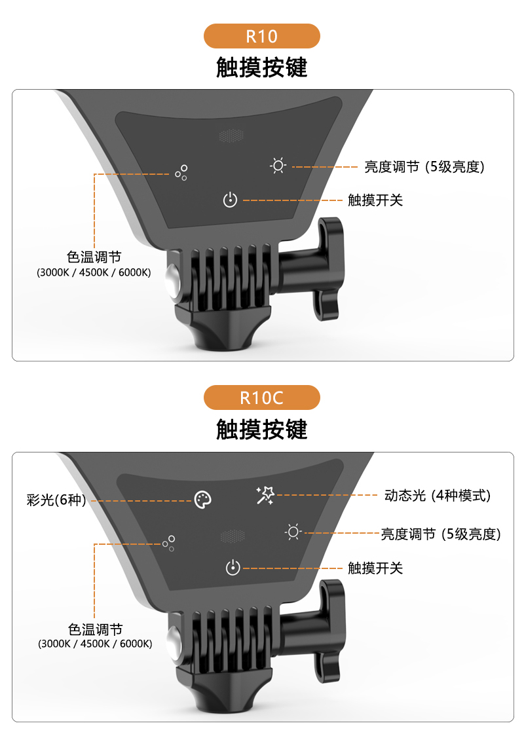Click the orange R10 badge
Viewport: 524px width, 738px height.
[x=262, y=36]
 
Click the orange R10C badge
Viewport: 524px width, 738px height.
[x=262, y=397]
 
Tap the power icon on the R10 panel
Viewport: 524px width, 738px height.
[x=230, y=200]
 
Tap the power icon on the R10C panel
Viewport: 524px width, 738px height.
[x=233, y=568]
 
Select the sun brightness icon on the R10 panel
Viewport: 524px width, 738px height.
[x=278, y=166]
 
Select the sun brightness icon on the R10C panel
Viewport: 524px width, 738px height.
[x=293, y=532]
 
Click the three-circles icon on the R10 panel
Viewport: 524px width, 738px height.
[x=181, y=172]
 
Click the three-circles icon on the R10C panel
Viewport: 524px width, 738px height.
[x=168, y=543]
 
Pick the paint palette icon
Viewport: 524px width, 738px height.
[x=203, y=500]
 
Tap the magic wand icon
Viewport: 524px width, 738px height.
[x=265, y=495]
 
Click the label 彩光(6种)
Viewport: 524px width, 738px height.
[x=56, y=500]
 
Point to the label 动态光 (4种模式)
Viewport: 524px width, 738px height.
[x=438, y=495]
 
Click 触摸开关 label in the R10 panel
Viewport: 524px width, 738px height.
[x=375, y=200]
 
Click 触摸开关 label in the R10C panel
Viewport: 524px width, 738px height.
[x=375, y=568]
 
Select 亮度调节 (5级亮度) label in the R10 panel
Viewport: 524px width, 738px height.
[x=424, y=166]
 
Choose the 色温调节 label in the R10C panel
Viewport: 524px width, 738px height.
[x=96, y=629]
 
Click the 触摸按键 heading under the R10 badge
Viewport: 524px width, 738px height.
[x=262, y=67]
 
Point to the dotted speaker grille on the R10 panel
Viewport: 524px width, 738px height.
[x=231, y=136]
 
